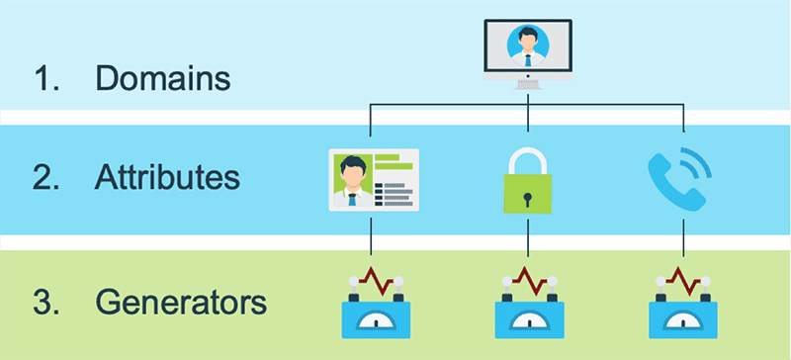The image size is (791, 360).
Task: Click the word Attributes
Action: pos(168,178)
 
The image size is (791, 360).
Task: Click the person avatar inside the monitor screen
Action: pos(527,45)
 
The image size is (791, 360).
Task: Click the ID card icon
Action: pos(373,179)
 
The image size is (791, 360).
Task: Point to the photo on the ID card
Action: pos(351,179)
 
